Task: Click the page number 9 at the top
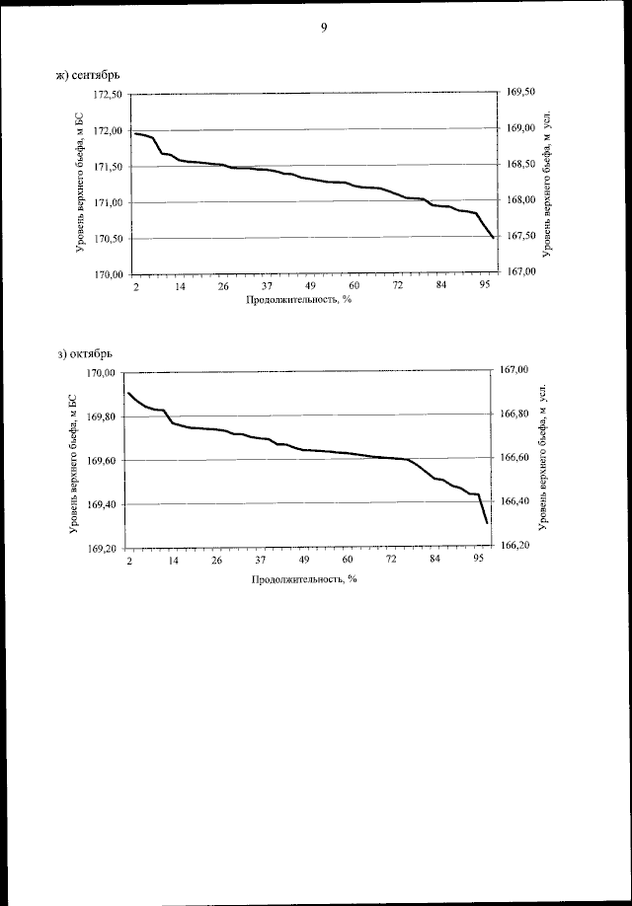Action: [323, 28]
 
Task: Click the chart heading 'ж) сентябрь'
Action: [90, 74]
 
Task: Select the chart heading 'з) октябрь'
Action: [88, 352]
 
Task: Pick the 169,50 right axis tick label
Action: [519, 92]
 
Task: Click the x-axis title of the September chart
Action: [299, 300]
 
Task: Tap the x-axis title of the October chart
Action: [303, 578]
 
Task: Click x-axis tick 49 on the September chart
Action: [310, 286]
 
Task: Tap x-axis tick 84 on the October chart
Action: [434, 561]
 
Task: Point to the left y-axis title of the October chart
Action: [72, 460]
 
